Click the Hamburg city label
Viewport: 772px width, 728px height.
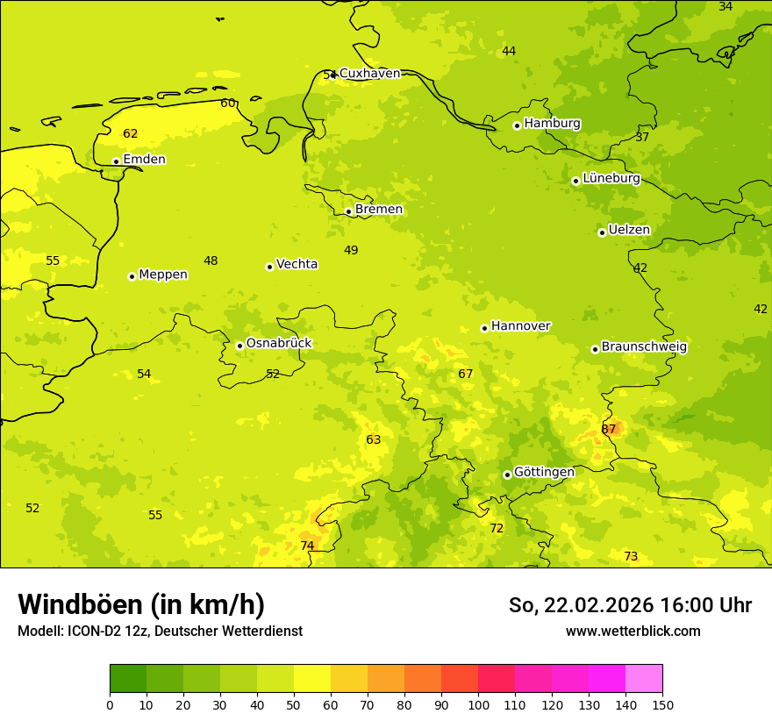[x=552, y=124]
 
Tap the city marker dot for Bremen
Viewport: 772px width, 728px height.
[x=348, y=211]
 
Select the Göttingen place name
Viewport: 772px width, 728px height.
[x=544, y=472]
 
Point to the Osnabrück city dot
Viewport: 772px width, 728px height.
[x=239, y=346]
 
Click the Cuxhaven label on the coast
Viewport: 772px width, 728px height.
[x=369, y=74]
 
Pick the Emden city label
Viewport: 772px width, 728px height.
[x=144, y=160]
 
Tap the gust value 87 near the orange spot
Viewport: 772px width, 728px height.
[x=608, y=429]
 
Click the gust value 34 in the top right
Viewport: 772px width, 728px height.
[x=726, y=7]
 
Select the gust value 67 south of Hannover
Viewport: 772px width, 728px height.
[x=466, y=375]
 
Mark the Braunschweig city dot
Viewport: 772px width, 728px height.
[x=595, y=349]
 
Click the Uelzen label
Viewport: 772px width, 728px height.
[x=629, y=230]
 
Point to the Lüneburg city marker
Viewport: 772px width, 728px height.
[x=575, y=181]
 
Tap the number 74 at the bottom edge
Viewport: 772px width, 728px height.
[x=307, y=546]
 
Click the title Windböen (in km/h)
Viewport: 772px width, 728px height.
[x=141, y=604]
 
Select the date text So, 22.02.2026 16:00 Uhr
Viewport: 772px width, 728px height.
[x=630, y=605]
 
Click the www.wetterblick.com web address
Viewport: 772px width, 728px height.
[x=633, y=632]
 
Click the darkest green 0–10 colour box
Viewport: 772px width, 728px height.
[x=128, y=679]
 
